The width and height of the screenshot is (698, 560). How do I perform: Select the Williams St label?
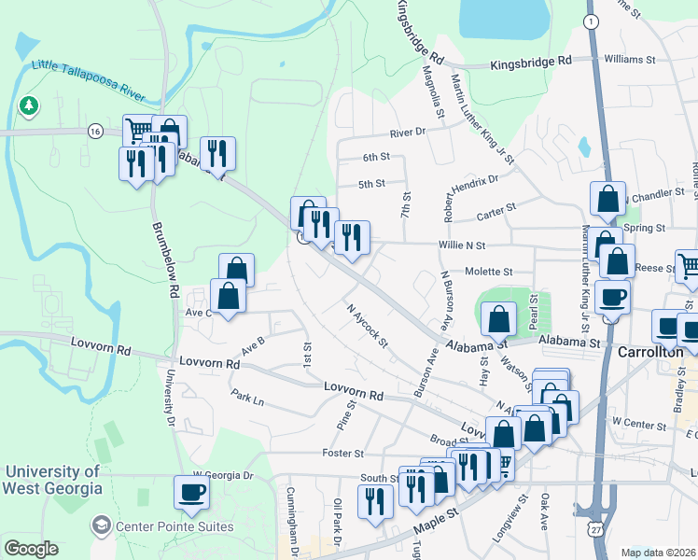tap(636, 59)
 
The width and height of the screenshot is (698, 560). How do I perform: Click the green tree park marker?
tap(30, 105)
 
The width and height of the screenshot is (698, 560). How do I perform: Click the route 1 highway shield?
tap(590, 21)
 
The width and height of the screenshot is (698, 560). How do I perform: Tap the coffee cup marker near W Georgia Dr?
tap(192, 492)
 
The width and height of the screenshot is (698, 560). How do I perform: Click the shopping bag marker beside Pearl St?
tap(500, 319)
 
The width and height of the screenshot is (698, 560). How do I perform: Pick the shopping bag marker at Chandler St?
tap(607, 198)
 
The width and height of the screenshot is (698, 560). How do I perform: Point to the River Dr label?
tap(407, 133)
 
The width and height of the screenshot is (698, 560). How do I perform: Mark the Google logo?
tap(31, 549)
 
